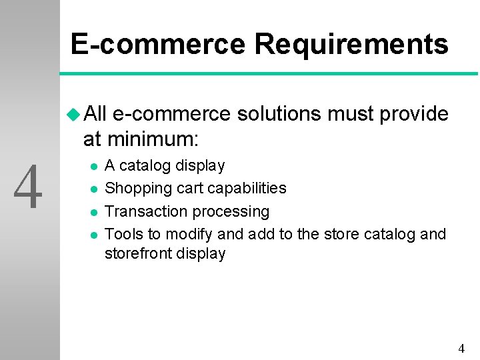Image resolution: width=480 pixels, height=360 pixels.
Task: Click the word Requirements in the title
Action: pyautogui.click(x=351, y=45)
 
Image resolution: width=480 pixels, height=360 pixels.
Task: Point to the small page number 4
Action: pyautogui.click(x=461, y=348)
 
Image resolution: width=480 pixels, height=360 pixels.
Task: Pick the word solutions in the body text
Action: pyautogui.click(x=279, y=115)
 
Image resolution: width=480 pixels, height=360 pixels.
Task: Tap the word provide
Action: pyautogui.click(x=413, y=115)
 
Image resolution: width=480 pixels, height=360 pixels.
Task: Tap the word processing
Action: pyautogui.click(x=231, y=212)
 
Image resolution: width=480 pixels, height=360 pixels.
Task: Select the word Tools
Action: pyautogui.click(x=123, y=234)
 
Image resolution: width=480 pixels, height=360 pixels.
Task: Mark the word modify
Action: pyautogui.click(x=189, y=234)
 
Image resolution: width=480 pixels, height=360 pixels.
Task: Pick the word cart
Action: pyautogui.click(x=187, y=189)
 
